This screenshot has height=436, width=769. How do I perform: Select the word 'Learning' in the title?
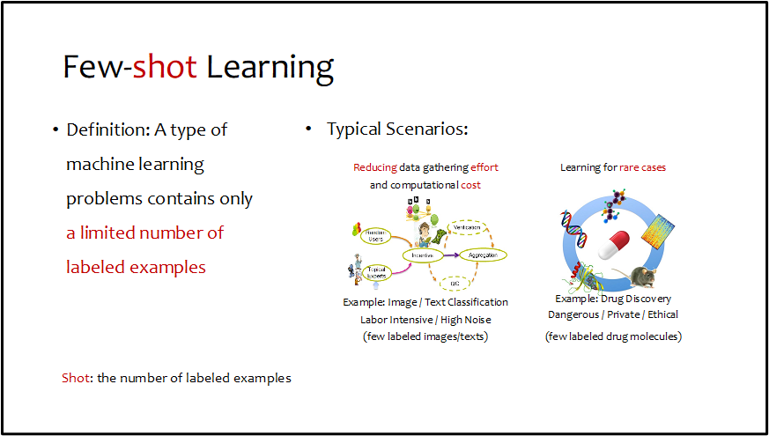point(270,68)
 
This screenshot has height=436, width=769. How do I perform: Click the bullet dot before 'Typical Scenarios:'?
point(308,129)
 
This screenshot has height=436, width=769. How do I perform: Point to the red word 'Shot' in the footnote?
point(74,378)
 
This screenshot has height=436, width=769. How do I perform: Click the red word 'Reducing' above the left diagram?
point(374,167)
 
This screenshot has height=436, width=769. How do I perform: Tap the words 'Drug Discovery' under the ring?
point(640,299)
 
